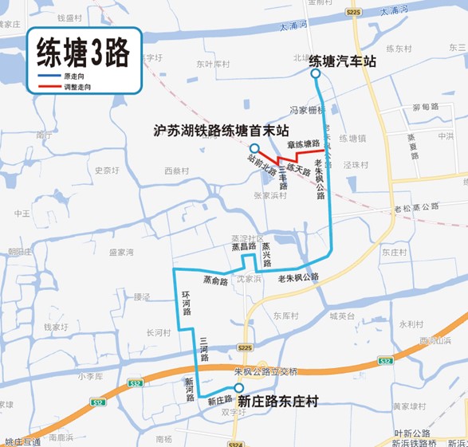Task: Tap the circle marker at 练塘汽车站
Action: (x=315, y=74)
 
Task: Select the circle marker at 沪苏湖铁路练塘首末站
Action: (x=253, y=149)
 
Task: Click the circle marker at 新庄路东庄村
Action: (x=239, y=389)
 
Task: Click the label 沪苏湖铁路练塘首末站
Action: (x=221, y=130)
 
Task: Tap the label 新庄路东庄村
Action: (x=278, y=402)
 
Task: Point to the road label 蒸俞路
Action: (x=215, y=280)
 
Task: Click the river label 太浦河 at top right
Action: (x=394, y=12)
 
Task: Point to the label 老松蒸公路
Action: (x=416, y=207)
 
